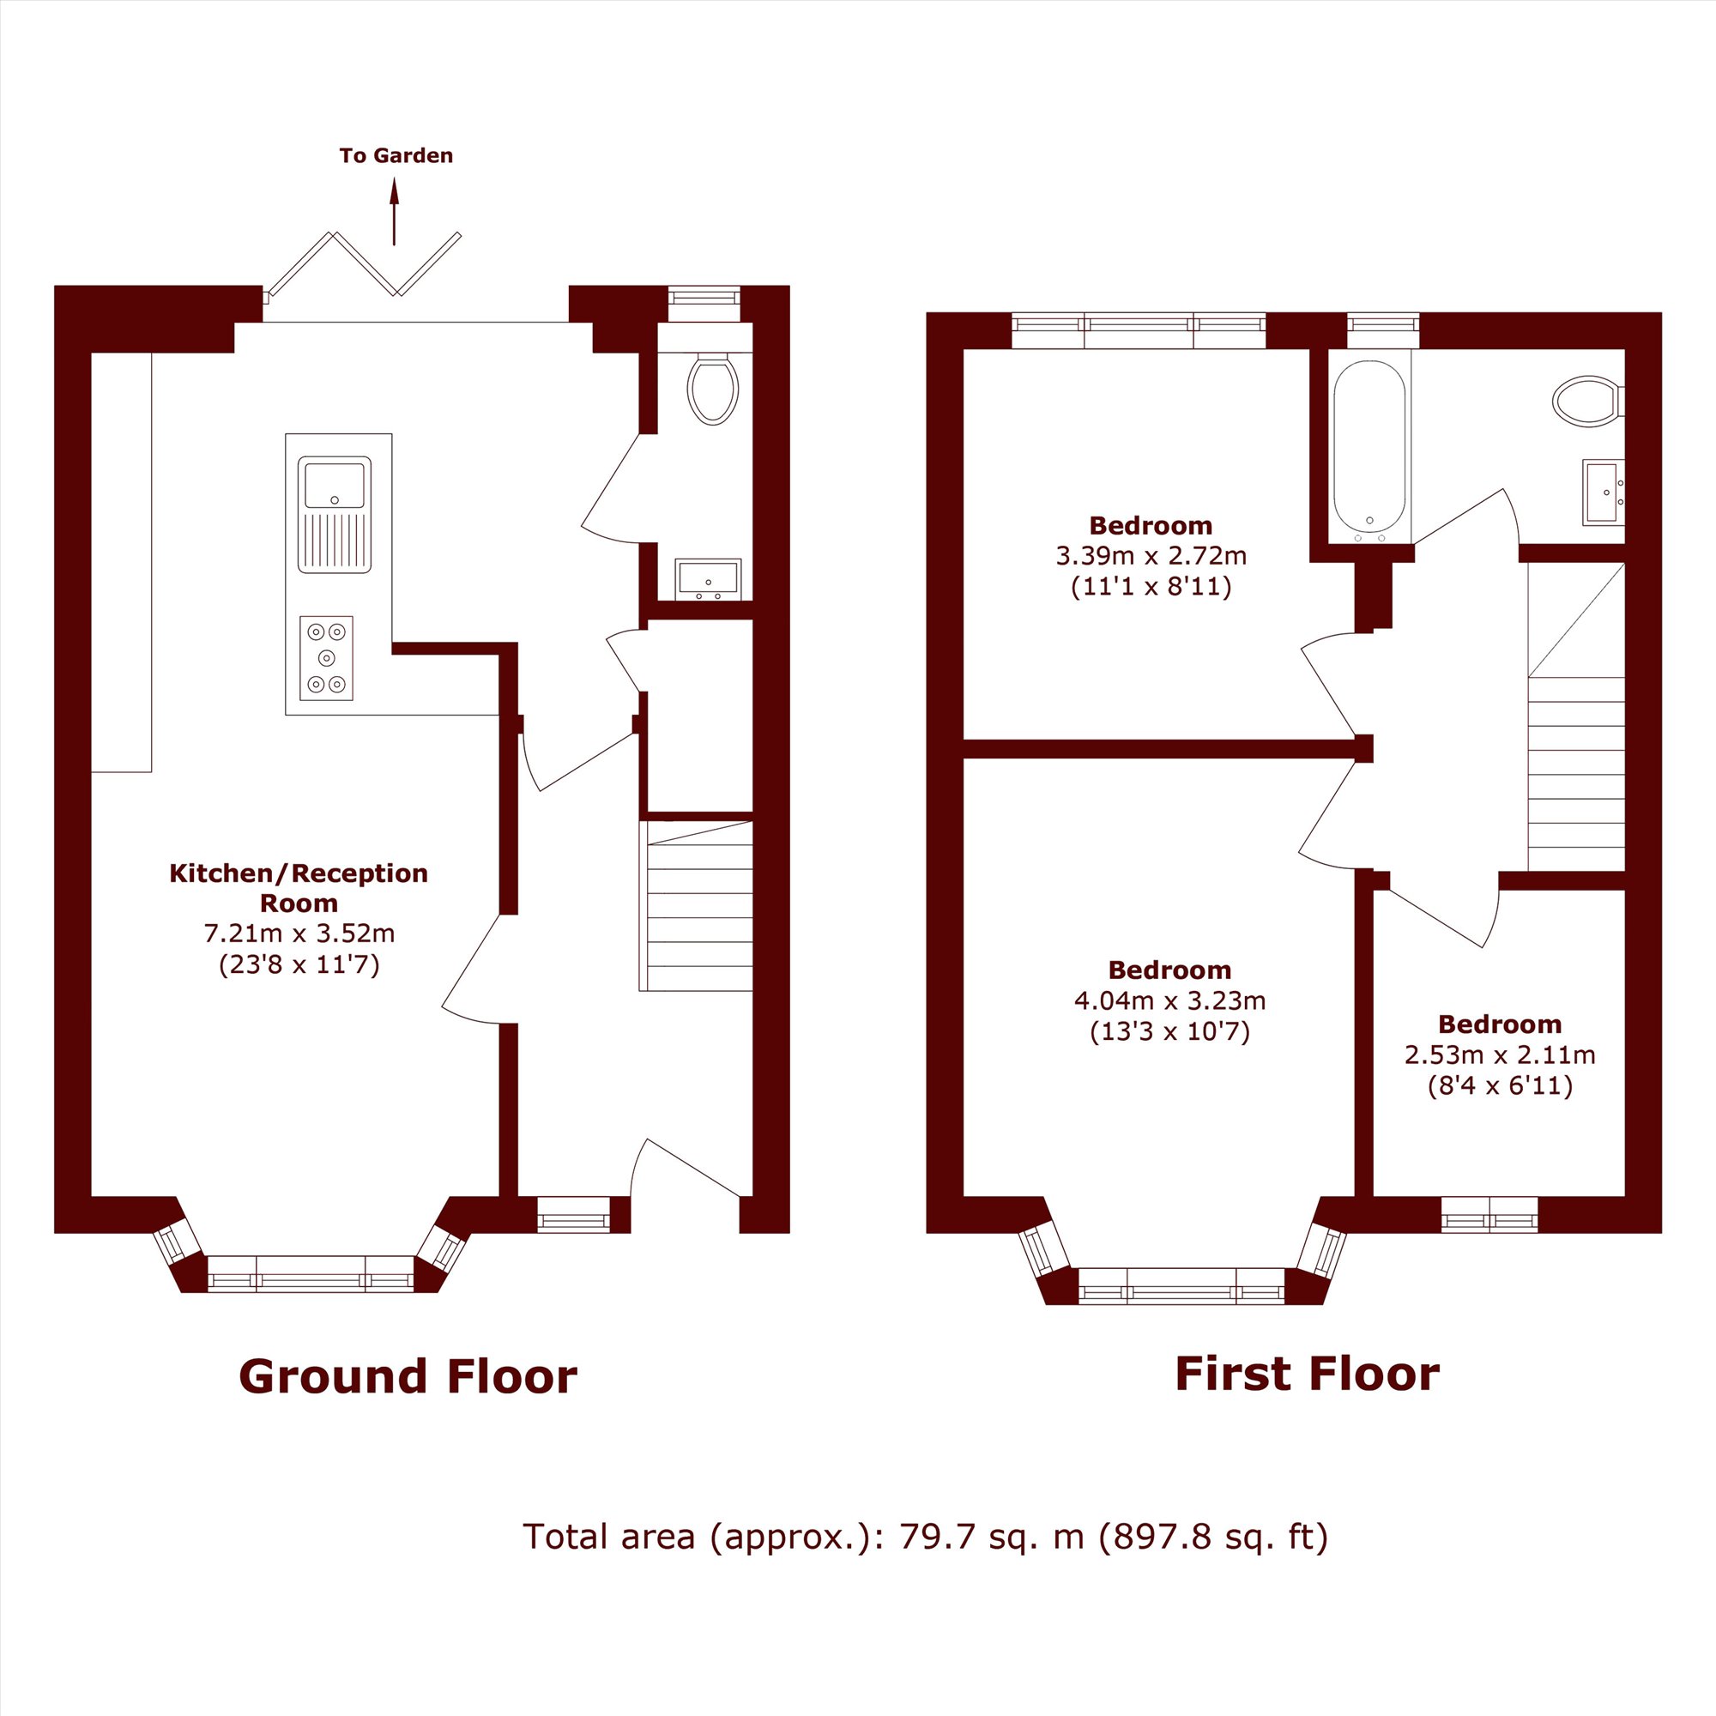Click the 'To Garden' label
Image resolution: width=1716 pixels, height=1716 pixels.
click(396, 155)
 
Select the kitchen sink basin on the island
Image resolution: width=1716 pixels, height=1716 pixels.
click(335, 485)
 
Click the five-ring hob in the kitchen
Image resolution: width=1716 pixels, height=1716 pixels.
click(326, 658)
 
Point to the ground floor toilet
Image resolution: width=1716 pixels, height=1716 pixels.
click(712, 388)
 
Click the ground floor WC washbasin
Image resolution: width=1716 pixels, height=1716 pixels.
click(708, 579)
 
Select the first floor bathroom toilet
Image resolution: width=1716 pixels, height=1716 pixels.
click(1588, 401)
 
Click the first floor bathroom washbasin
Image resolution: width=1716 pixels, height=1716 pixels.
click(1604, 492)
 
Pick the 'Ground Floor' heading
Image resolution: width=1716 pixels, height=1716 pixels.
click(408, 1376)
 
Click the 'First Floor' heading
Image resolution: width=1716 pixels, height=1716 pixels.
click(1307, 1373)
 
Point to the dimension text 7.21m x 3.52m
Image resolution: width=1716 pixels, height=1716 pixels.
click(299, 934)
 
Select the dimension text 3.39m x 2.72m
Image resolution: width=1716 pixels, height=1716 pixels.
click(1151, 556)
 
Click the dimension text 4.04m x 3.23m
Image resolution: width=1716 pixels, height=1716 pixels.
click(1169, 1001)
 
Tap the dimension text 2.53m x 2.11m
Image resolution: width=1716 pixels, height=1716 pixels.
click(1499, 1055)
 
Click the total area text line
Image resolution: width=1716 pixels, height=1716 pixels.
click(925, 1537)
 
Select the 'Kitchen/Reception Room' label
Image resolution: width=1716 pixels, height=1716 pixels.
click(299, 888)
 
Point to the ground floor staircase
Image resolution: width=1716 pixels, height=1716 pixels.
click(697, 906)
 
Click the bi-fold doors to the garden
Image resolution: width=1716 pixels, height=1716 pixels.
click(364, 263)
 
